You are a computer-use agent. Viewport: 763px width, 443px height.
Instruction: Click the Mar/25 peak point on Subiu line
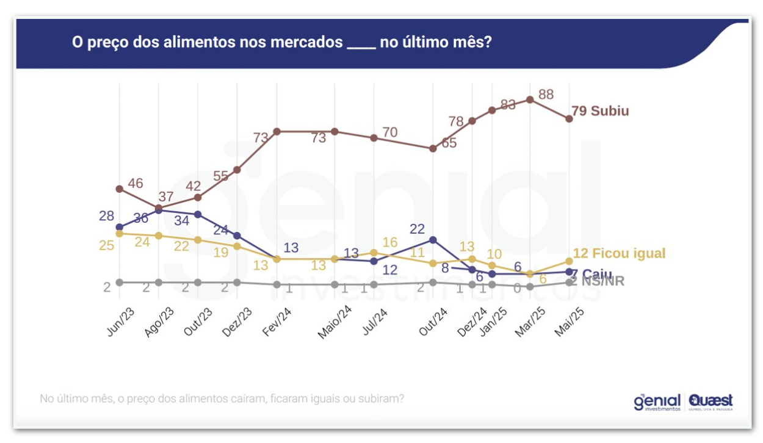530,100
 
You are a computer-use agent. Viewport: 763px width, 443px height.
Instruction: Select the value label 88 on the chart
546,95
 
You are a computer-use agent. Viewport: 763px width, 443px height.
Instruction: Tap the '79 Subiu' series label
600,111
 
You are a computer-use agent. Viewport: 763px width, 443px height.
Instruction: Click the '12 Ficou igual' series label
619,253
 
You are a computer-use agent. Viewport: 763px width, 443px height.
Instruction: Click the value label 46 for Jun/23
136,183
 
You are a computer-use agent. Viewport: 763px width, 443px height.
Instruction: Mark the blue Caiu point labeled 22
433,240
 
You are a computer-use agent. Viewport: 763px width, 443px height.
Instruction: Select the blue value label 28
107,216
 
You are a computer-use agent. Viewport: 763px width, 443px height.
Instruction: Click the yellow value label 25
107,245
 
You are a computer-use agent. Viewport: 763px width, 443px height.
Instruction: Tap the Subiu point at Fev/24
277,131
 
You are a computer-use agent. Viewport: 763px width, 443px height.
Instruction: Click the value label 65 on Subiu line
449,143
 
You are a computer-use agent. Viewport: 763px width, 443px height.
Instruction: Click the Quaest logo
711,402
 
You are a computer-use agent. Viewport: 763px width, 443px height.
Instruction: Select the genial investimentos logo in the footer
657,402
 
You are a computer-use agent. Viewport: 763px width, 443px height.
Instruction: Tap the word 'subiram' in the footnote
382,399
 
